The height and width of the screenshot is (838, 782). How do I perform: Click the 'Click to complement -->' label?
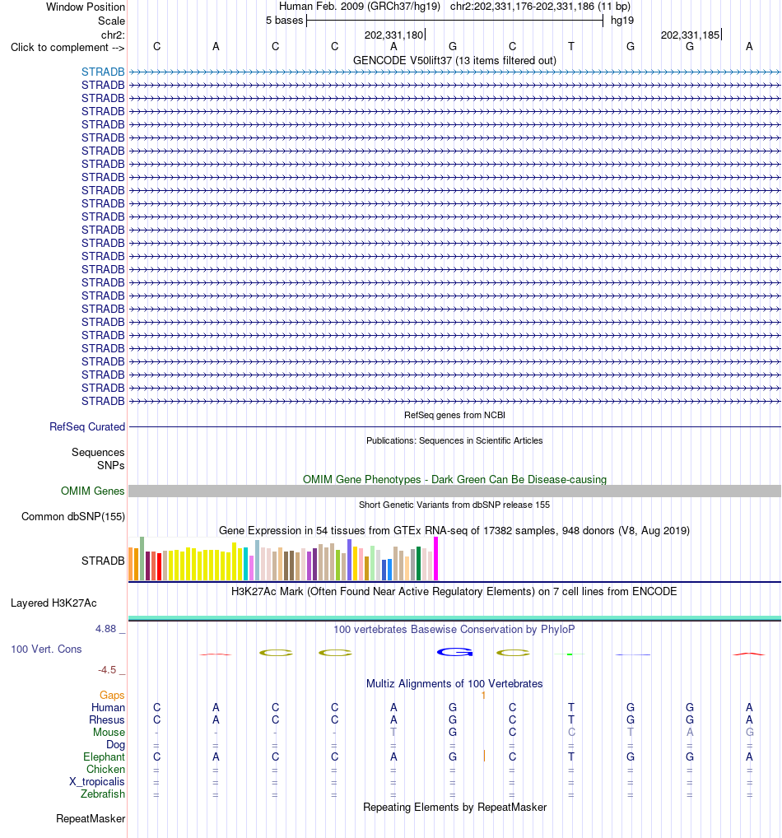67,48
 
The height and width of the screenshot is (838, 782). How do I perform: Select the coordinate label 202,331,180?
393,35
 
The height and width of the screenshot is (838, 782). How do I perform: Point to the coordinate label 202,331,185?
690,35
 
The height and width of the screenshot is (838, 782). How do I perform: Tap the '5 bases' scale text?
284,21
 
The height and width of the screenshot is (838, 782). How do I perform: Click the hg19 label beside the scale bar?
622,21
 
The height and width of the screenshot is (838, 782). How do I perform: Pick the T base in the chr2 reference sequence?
571,46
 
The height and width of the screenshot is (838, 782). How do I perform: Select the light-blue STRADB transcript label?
103,72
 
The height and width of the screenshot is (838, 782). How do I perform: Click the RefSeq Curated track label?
87,426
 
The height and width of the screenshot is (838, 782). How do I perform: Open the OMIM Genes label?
92,491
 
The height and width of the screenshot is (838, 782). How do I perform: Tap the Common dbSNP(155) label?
73,516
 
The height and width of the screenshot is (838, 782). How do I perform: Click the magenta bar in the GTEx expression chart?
435,558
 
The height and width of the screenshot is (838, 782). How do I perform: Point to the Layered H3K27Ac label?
54,603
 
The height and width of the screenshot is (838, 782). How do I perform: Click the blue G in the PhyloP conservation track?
455,652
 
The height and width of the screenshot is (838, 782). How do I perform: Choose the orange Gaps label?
112,695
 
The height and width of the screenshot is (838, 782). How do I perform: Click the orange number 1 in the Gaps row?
483,696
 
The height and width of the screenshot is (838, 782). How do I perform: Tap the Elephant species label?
104,757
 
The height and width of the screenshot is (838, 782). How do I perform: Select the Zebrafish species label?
103,794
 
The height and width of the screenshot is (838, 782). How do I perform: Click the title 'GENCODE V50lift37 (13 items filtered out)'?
454,60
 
